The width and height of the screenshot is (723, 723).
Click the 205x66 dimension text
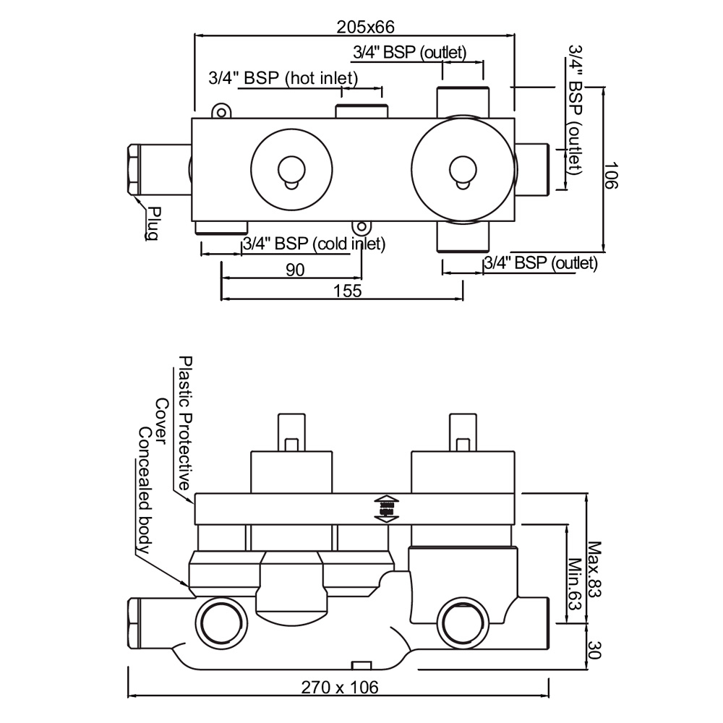(365, 27)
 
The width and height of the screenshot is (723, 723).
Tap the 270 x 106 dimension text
(339, 687)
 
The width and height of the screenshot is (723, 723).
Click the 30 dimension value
(594, 648)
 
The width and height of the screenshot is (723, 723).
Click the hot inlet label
(283, 78)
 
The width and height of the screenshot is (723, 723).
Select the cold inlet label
(314, 244)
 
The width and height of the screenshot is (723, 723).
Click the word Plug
(153, 223)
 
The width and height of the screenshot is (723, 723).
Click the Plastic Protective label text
(185, 423)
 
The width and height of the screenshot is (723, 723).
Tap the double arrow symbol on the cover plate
(385, 508)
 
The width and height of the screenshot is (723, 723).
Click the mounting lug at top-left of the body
(221, 111)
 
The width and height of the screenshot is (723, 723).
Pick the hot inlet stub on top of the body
(362, 111)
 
